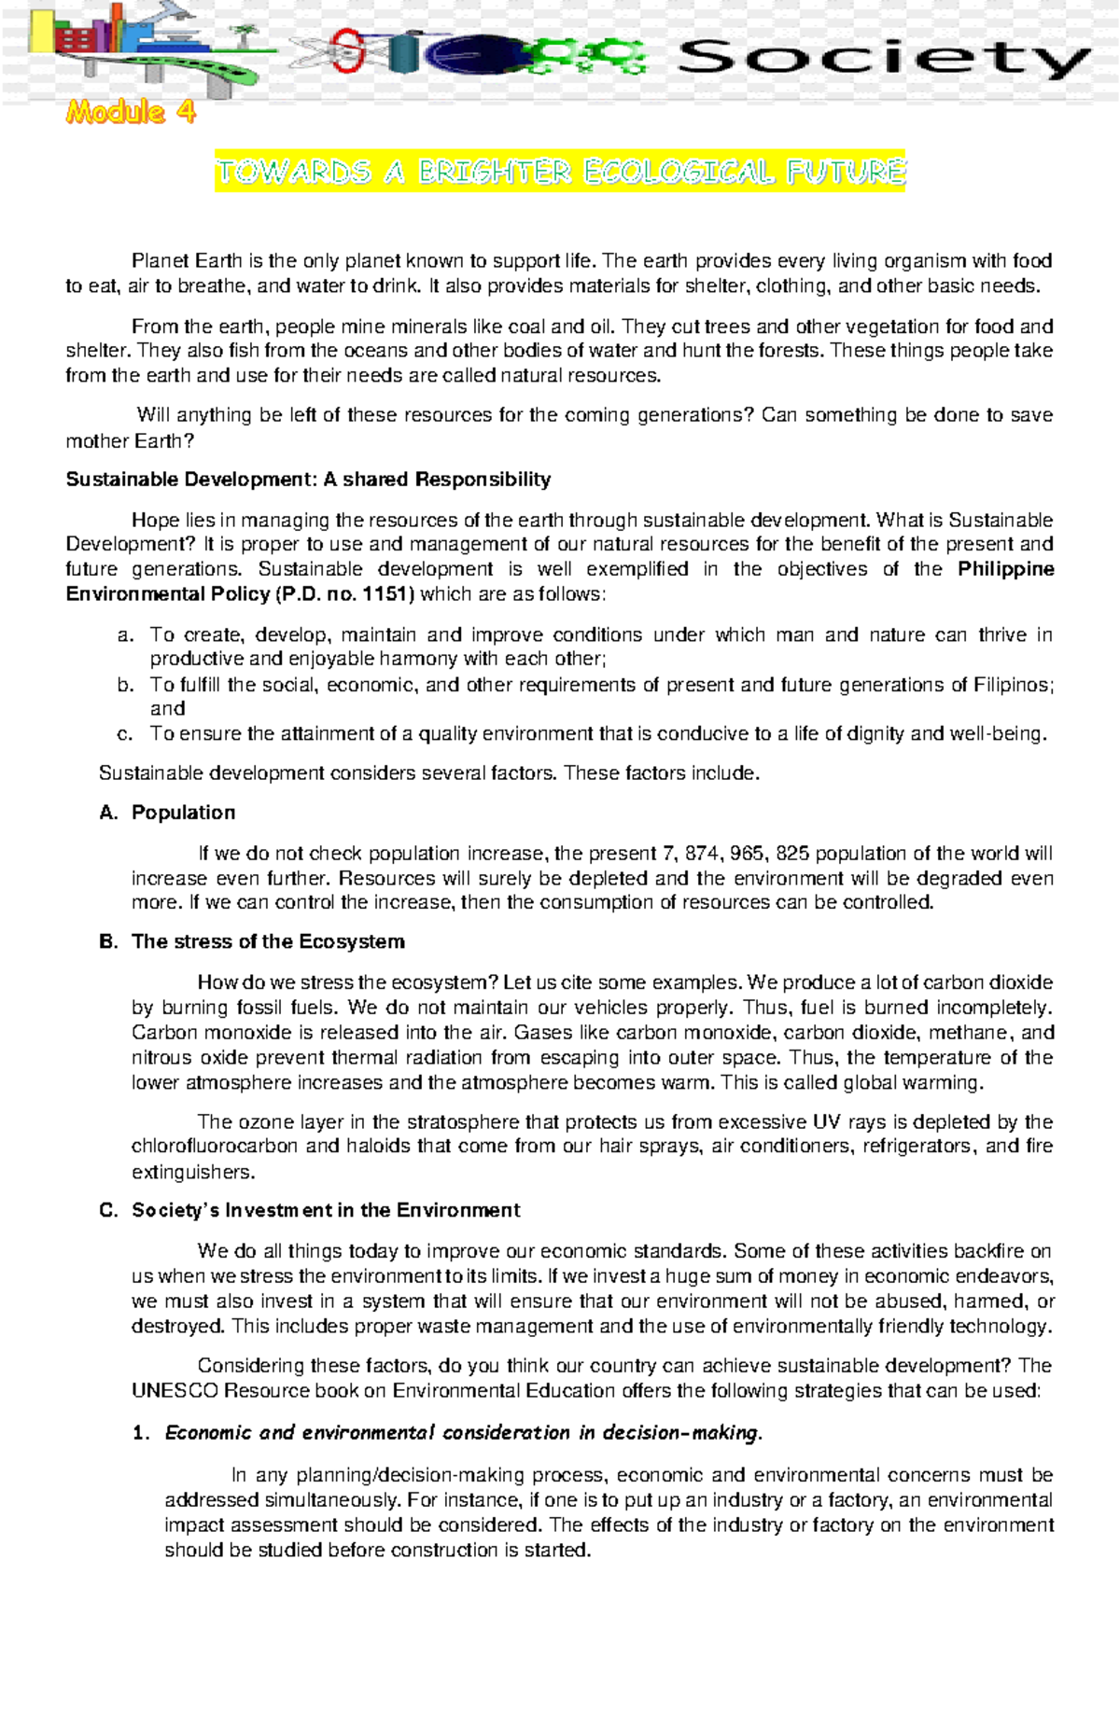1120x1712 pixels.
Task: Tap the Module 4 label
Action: tap(131, 113)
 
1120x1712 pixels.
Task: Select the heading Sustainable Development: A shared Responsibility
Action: tap(308, 480)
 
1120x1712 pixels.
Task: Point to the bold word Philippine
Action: tap(1006, 569)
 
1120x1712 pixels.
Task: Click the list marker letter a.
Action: tap(124, 636)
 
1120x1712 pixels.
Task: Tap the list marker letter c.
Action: tap(124, 734)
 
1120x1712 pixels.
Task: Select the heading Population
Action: tap(183, 813)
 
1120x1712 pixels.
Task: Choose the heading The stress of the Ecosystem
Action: tap(268, 941)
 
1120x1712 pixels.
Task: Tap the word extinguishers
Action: tap(192, 1172)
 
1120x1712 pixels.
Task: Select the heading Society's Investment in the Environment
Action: tap(326, 1210)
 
